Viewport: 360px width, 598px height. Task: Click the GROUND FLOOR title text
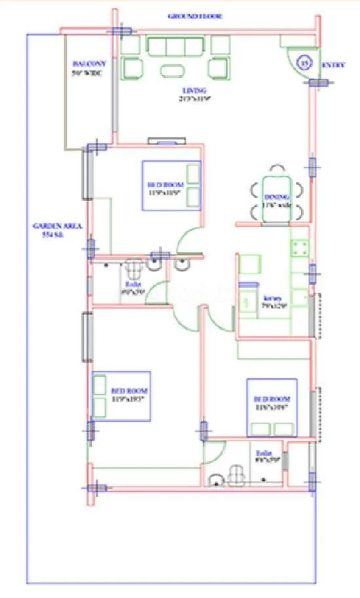[196, 16]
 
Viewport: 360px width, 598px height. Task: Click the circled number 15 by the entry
[304, 63]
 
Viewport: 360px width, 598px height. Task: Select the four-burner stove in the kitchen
[300, 248]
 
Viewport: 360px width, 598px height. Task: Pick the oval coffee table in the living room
[173, 71]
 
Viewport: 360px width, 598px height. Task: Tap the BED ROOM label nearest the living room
[163, 188]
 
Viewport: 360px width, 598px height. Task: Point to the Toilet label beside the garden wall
[133, 288]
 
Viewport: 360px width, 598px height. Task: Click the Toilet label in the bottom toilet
[264, 456]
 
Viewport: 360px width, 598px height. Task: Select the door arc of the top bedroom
[189, 239]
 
